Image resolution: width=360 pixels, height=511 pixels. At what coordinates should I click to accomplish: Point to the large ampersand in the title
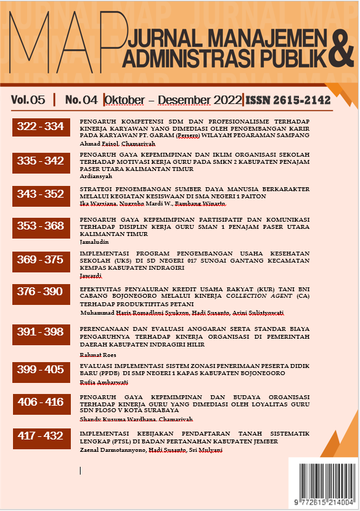pyautogui.click(x=341, y=48)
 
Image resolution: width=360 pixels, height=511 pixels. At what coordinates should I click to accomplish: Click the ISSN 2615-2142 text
pyautogui.click(x=287, y=100)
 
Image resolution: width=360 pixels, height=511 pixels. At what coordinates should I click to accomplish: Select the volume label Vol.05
pyautogui.click(x=28, y=99)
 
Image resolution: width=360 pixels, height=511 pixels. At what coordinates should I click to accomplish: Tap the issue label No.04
pyautogui.click(x=81, y=99)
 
